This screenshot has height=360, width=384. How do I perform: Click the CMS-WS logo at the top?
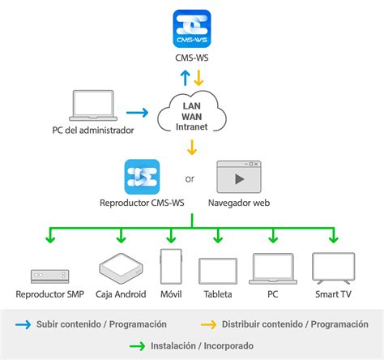coord(192,28)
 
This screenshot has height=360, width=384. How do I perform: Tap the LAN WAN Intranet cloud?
coord(192,113)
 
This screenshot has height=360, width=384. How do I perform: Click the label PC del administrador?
coord(87,131)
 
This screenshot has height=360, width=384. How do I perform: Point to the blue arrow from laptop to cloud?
coord(138,113)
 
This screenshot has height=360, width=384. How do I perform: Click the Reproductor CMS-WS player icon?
coord(142,178)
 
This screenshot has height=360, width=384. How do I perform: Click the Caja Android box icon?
coord(120,268)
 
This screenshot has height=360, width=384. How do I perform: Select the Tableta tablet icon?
coord(217,269)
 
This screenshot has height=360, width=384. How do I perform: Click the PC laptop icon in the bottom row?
coord(272,268)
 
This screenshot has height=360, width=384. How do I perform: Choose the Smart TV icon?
coord(333,268)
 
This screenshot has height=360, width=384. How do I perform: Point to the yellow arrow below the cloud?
coord(192,147)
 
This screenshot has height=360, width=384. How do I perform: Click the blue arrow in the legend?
coord(23,324)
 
